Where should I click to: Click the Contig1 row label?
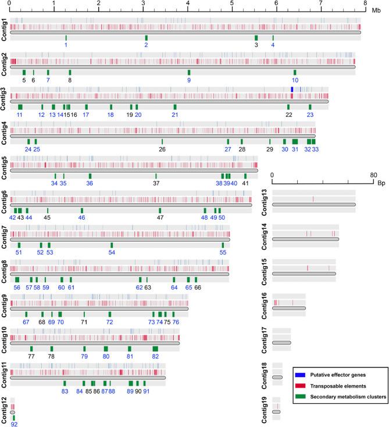5,30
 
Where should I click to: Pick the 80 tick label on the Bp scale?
373,174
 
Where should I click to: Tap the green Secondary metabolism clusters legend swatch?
302,396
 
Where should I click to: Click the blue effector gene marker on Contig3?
291,88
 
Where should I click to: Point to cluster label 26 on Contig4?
162,149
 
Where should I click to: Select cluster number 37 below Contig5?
156,183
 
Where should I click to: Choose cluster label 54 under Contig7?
112,252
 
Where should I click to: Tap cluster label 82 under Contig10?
155,356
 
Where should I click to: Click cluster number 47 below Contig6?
160,217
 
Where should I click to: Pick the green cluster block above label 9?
188,72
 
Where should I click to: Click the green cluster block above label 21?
174,107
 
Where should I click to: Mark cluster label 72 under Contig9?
109,322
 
